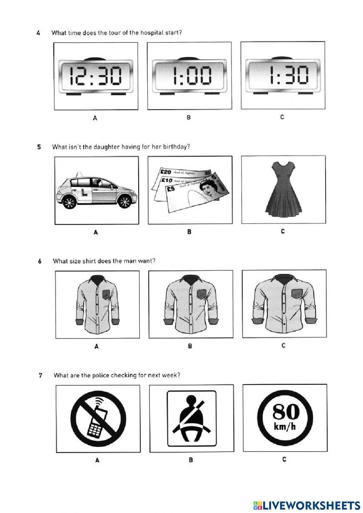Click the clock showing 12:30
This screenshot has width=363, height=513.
click(x=96, y=76)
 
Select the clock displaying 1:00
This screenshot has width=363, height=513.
click(x=189, y=76)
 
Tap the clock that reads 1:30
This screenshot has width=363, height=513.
click(x=283, y=76)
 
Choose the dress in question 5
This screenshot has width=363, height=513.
click(x=284, y=191)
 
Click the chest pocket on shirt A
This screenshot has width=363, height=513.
click(x=106, y=294)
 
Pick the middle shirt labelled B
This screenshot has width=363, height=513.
click(x=191, y=304)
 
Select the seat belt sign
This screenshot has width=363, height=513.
click(x=191, y=418)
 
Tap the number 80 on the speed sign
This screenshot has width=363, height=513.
click(x=285, y=411)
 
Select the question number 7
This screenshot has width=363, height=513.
click(x=41, y=375)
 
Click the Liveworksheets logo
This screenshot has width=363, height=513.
click(x=307, y=505)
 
